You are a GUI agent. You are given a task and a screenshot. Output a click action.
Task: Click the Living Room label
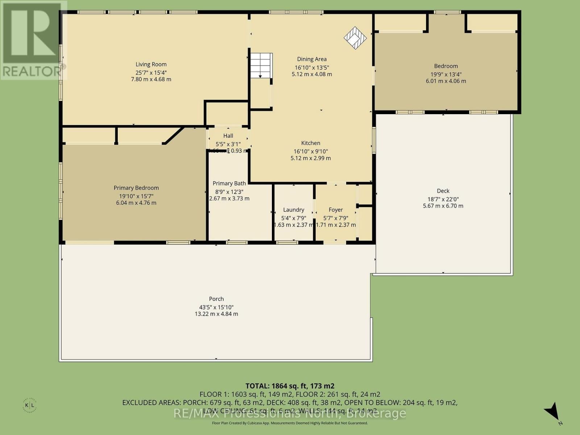click(151, 65)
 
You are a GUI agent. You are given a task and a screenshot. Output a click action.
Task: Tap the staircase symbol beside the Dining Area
click(261, 65)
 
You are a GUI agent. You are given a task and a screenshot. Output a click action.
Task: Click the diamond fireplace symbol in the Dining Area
click(355, 37)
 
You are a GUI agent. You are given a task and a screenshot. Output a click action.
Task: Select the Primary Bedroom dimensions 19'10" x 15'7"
click(136, 196)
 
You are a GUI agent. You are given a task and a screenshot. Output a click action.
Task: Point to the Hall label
click(228, 136)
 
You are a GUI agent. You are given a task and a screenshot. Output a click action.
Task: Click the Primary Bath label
click(229, 183)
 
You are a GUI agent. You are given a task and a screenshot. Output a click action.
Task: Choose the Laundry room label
click(294, 210)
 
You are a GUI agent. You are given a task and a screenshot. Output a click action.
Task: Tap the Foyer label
click(336, 210)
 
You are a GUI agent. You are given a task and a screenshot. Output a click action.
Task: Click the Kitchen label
click(311, 143)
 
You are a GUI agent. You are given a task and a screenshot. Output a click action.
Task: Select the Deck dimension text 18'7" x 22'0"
click(443, 199)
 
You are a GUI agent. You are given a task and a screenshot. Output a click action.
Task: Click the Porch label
click(216, 299)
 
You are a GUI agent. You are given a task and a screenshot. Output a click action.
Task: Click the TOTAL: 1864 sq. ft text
click(290, 386)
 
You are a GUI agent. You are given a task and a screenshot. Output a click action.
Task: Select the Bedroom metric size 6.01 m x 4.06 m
click(446, 81)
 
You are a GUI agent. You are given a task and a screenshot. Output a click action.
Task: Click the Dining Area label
click(312, 59)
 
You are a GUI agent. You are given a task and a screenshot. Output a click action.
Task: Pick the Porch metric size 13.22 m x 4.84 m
click(216, 314)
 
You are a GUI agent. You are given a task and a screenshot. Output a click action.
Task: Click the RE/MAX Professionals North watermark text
click(290, 413)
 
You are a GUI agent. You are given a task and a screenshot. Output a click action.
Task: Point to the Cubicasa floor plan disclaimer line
click(290, 423)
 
